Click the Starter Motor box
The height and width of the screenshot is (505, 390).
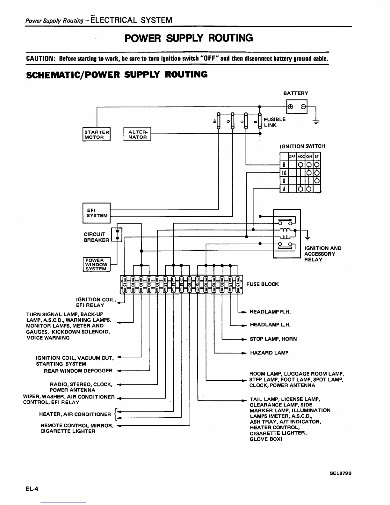pyautogui.click(x=96, y=134)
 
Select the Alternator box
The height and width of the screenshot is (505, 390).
pyautogui.click(x=137, y=134)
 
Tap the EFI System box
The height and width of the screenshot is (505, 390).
pyautogui.click(x=97, y=213)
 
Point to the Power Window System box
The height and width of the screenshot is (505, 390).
pyautogui.click(x=96, y=264)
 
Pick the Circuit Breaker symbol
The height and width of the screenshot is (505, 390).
pyautogui.click(x=117, y=234)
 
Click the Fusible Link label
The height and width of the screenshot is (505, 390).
pyautogui.click(x=274, y=122)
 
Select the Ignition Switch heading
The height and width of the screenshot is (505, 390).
pyautogui.click(x=302, y=146)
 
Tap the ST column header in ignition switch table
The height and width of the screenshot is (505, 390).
pyautogui.click(x=316, y=157)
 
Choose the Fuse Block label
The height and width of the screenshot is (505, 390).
pyautogui.click(x=263, y=284)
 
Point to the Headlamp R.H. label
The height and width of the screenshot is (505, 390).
pyautogui.click(x=270, y=311)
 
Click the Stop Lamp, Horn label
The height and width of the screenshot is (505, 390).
pyautogui.click(x=273, y=339)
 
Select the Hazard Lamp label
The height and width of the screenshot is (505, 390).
pyautogui.click(x=269, y=353)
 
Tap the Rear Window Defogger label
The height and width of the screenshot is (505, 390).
pyautogui.click(x=78, y=371)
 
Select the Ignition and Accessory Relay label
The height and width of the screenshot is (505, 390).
pyautogui.click(x=322, y=254)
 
